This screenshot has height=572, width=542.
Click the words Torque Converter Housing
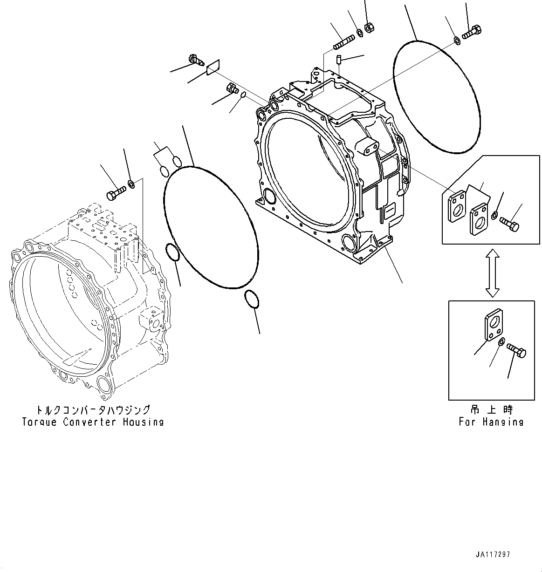coord(93,422)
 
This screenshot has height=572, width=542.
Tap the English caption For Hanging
coord(491,422)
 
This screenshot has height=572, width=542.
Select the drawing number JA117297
coord(493,555)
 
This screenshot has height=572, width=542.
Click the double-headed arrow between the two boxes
coord(492,272)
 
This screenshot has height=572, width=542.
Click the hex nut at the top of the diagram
coord(368,28)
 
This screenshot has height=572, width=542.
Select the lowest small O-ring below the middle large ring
coord(251,299)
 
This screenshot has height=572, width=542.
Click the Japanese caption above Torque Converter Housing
coord(93,410)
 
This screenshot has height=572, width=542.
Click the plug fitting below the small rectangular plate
coord(232,88)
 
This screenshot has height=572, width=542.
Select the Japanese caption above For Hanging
coord(491,410)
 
